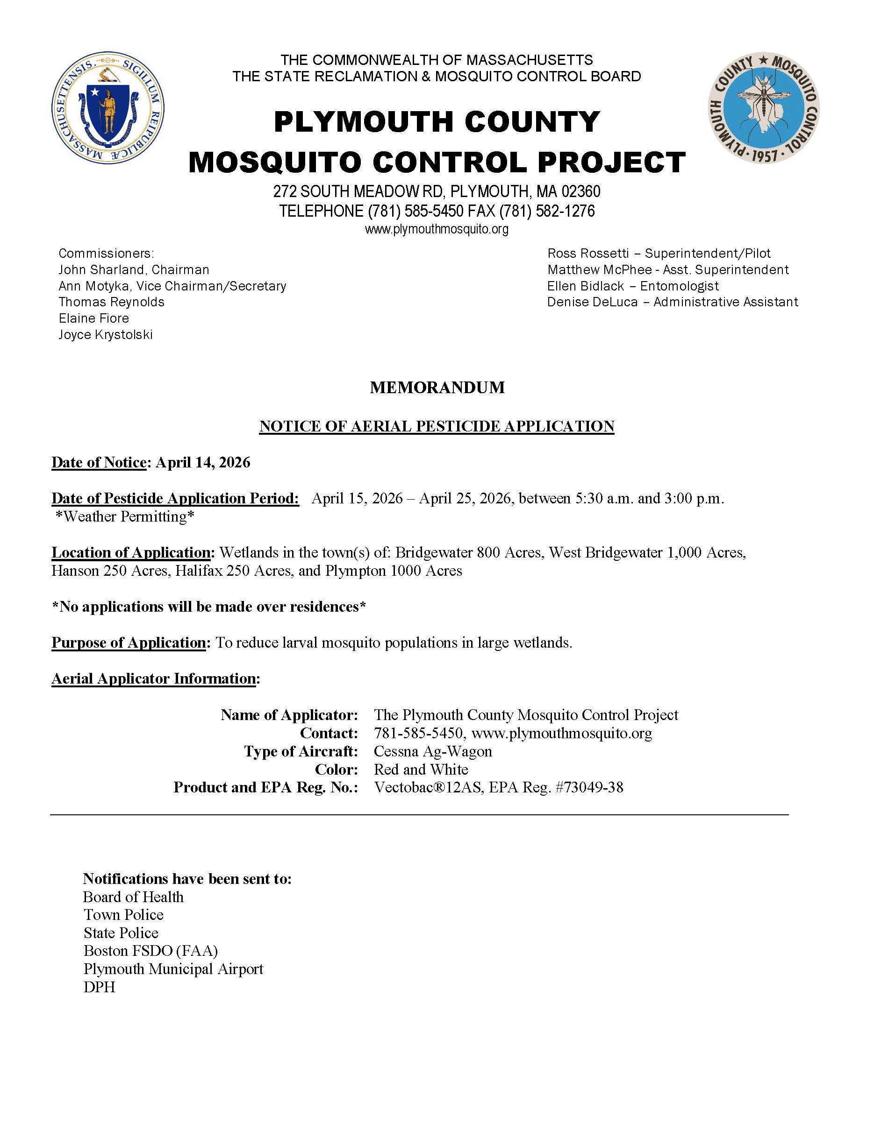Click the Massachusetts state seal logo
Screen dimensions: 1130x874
click(x=107, y=107)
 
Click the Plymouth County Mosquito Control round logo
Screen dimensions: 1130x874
click(x=764, y=107)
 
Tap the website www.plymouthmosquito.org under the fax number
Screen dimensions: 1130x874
click(x=437, y=229)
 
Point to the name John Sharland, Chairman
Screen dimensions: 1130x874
click(x=134, y=269)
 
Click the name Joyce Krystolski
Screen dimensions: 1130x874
click(x=106, y=335)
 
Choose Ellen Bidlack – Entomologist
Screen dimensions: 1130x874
click(x=633, y=286)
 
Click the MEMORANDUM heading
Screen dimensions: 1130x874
click(x=437, y=388)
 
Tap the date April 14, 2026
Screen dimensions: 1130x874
click(x=203, y=463)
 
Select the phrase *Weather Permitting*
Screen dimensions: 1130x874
click(x=125, y=516)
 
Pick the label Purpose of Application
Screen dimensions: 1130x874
click(x=129, y=643)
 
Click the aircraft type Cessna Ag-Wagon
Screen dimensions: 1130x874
click(x=433, y=751)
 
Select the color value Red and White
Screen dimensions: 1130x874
click(x=421, y=770)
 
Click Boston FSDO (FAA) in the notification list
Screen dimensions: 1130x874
click(x=150, y=951)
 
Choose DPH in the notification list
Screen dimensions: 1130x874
click(x=100, y=987)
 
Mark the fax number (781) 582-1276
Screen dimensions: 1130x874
click(x=547, y=211)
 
